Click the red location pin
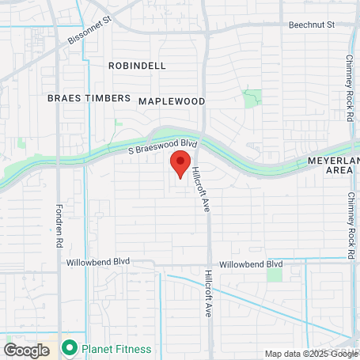click(180, 164)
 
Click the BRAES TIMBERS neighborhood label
click(89, 98)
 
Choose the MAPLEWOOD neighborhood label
click(172, 101)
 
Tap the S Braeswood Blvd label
click(162, 146)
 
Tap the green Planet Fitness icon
click(70, 347)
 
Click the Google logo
click(26, 350)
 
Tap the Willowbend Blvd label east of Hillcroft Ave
click(251, 263)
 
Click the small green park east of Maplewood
click(252, 100)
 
